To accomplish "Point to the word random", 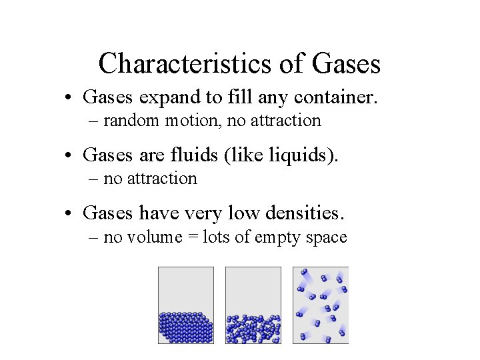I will [x=131, y=121].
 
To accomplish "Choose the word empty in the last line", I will [x=279, y=237].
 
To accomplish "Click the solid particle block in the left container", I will [x=186, y=327].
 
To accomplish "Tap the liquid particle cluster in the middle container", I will [x=253, y=329].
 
